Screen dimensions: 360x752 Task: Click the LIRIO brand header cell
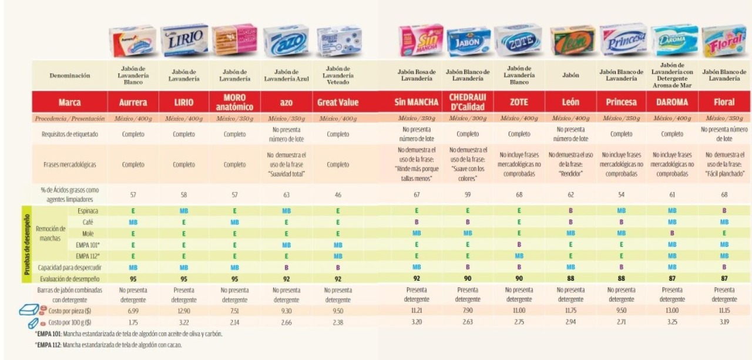tap(184, 102)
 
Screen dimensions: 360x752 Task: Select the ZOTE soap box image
tap(519, 41)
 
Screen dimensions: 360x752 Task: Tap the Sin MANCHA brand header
tap(417, 102)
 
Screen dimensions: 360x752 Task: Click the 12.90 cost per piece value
tap(184, 309)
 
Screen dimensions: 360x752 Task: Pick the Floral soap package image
tap(724, 41)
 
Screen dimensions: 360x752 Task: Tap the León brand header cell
tap(570, 102)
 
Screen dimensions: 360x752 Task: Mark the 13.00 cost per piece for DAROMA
tap(672, 309)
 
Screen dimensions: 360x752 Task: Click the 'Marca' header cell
tap(70, 102)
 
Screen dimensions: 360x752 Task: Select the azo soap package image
tap(286, 41)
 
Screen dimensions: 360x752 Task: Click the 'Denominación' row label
tap(70, 75)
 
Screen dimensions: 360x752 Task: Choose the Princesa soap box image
tap(622, 40)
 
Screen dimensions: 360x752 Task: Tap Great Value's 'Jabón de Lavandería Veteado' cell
tap(338, 75)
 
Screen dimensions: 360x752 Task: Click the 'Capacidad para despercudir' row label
tap(72, 267)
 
